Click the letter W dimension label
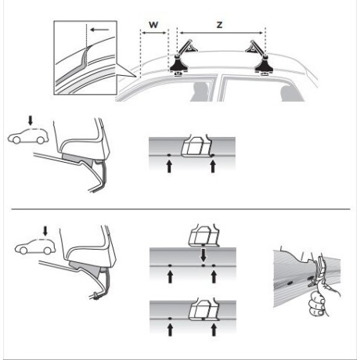pos(153,25)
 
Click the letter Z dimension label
pos(222,25)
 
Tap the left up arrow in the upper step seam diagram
pos(169,166)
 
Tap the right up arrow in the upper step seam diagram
pos(213,166)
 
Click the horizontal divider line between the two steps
pos(180,210)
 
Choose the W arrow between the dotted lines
pos(153,34)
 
